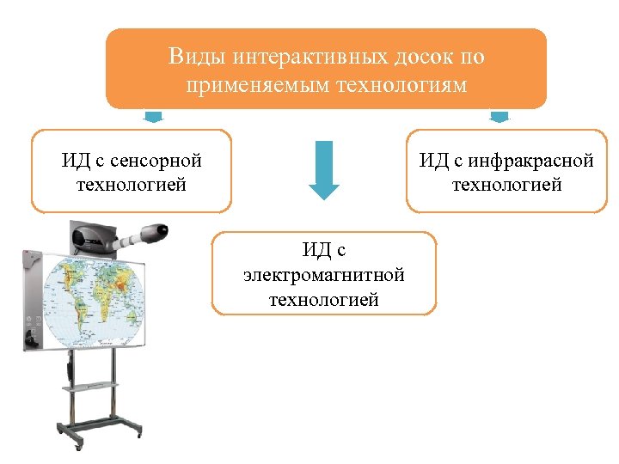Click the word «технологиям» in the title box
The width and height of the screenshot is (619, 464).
tap(395, 86)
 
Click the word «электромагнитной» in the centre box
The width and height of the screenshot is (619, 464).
tap(324, 276)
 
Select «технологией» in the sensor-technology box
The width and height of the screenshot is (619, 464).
tap(132, 185)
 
